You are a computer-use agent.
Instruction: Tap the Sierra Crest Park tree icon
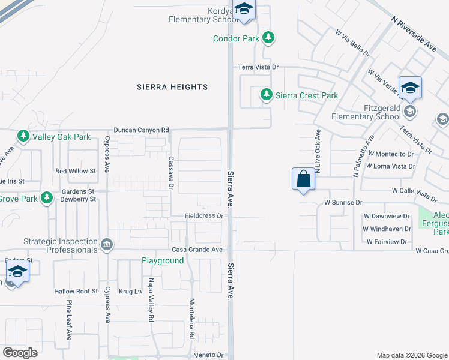(x=265, y=95)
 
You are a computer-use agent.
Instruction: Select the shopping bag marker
(x=303, y=179)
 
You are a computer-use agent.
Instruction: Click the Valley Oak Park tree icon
(x=23, y=137)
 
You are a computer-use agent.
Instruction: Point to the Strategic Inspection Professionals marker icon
(x=107, y=244)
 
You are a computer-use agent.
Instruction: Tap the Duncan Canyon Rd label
(x=142, y=130)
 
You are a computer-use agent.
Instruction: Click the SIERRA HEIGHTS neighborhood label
(x=172, y=87)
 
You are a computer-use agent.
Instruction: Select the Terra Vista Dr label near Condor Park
(x=259, y=68)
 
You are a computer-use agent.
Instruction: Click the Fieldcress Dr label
(x=203, y=215)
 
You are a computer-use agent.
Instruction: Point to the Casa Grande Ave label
(x=197, y=250)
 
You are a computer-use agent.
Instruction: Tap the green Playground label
(x=163, y=261)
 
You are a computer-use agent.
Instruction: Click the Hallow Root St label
(x=76, y=291)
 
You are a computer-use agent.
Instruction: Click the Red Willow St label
(x=76, y=171)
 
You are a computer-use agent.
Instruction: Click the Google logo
(x=20, y=353)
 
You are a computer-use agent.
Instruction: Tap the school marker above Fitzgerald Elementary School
(x=410, y=88)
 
